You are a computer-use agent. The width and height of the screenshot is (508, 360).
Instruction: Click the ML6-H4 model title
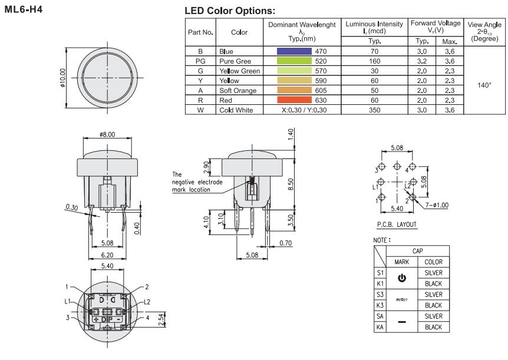click(x=23, y=10)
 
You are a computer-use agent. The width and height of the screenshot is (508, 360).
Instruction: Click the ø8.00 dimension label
click(x=107, y=134)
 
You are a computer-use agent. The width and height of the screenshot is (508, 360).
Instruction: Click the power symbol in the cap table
click(x=403, y=278)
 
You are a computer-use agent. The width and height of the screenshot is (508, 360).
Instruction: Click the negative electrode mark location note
click(x=197, y=182)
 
